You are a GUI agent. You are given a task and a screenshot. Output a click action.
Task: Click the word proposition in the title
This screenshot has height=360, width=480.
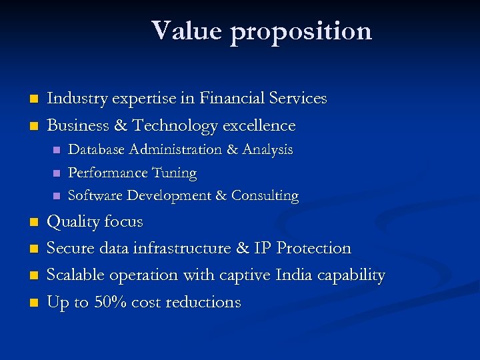point(301,32)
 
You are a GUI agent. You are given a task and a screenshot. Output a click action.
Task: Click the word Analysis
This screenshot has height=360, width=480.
point(267,150)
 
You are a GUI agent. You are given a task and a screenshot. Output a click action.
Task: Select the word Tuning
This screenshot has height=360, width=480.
point(174,173)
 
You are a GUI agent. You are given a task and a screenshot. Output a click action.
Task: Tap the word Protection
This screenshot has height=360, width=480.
point(313,248)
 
